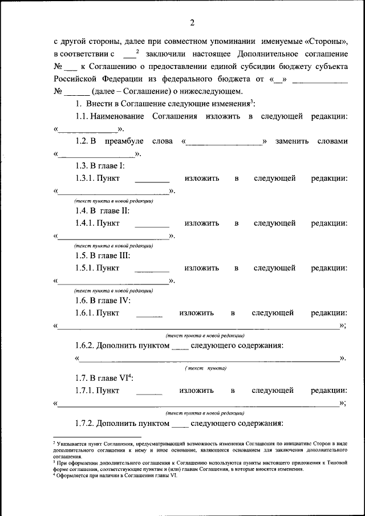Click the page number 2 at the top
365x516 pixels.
click(x=192, y=23)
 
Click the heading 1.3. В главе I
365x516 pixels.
click(x=100, y=166)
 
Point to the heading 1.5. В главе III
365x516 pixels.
click(x=103, y=255)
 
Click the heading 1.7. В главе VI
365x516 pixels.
click(x=103, y=378)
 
